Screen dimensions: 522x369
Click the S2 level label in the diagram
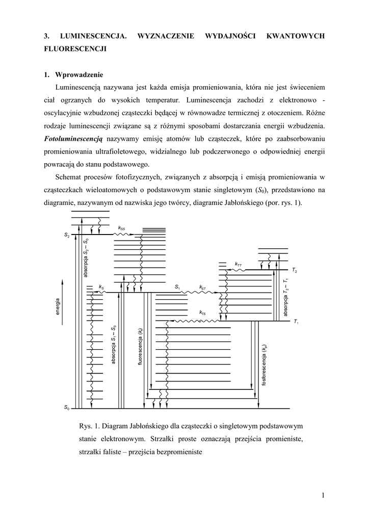[x=67, y=236]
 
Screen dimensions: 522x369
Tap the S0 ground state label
[x=67, y=408]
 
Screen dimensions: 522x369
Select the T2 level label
[x=295, y=270]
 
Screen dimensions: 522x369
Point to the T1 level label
[x=296, y=322]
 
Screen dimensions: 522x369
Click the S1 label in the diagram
[x=177, y=288]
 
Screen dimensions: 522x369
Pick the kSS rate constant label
[x=121, y=228]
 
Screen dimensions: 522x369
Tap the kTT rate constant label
[x=238, y=264]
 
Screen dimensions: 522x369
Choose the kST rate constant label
[x=202, y=288]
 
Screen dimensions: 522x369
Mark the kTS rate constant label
[x=202, y=312]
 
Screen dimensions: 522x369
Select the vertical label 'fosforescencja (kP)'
[x=264, y=364]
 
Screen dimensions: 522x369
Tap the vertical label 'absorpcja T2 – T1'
[x=286, y=296]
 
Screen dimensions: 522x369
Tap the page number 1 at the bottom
[x=323, y=494]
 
